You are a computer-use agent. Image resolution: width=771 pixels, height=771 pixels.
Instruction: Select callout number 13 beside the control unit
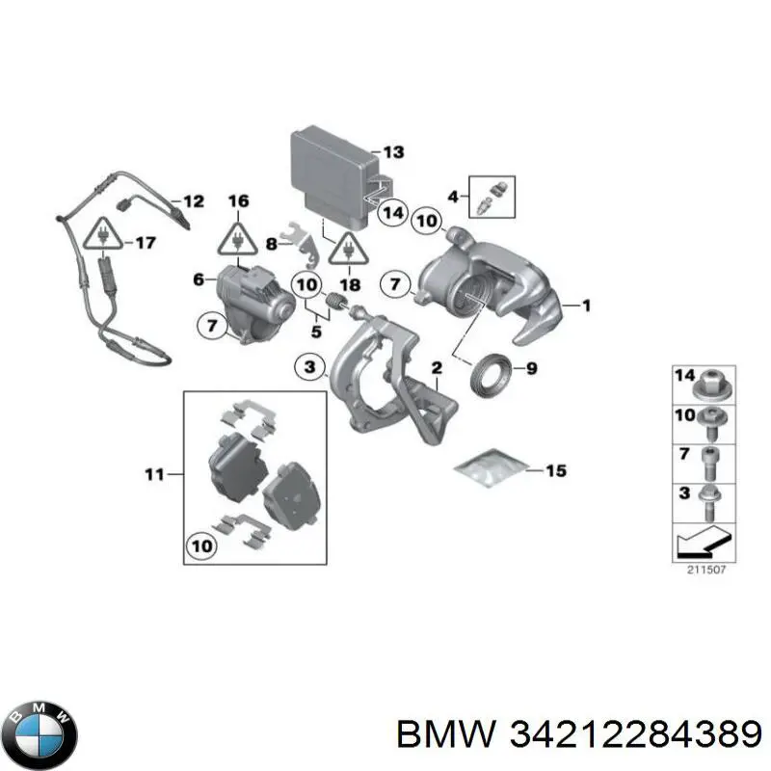tap(393, 152)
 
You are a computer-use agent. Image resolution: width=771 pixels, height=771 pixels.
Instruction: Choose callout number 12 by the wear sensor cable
tap(193, 201)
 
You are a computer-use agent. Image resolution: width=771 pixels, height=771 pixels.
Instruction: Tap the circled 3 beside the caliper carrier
tap(308, 367)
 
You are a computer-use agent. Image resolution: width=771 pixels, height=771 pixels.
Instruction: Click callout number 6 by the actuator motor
tap(199, 279)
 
